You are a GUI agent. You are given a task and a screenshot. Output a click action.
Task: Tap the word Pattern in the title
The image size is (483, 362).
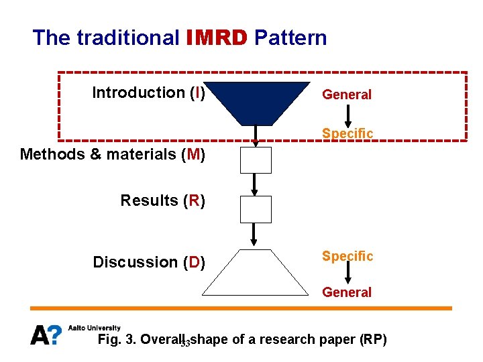(x=290, y=38)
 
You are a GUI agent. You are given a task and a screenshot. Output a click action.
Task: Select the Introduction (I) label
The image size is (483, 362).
(x=148, y=93)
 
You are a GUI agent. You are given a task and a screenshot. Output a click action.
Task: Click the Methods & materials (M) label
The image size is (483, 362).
(x=113, y=154)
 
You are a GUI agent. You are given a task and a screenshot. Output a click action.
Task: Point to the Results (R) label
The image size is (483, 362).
(x=162, y=200)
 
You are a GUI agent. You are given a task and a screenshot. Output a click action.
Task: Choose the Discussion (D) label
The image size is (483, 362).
(x=149, y=262)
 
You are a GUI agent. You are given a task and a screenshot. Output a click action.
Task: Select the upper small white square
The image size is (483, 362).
(x=256, y=160)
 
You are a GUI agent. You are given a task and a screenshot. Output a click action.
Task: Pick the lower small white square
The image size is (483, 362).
(x=256, y=209)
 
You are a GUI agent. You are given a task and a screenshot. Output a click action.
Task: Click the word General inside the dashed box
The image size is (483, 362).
(x=347, y=95)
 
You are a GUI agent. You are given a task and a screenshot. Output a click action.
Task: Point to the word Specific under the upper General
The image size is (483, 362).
(x=347, y=133)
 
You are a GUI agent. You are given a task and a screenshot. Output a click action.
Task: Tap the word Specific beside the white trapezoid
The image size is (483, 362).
(x=347, y=256)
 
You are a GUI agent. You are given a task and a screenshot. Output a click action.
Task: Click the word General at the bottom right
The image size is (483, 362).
(x=347, y=292)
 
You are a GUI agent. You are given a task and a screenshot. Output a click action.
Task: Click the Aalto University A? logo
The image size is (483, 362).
(x=46, y=334)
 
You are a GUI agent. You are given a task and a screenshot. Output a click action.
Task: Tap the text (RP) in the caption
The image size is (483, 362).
(x=374, y=339)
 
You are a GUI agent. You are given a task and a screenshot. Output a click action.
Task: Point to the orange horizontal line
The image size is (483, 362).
(x=241, y=308)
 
